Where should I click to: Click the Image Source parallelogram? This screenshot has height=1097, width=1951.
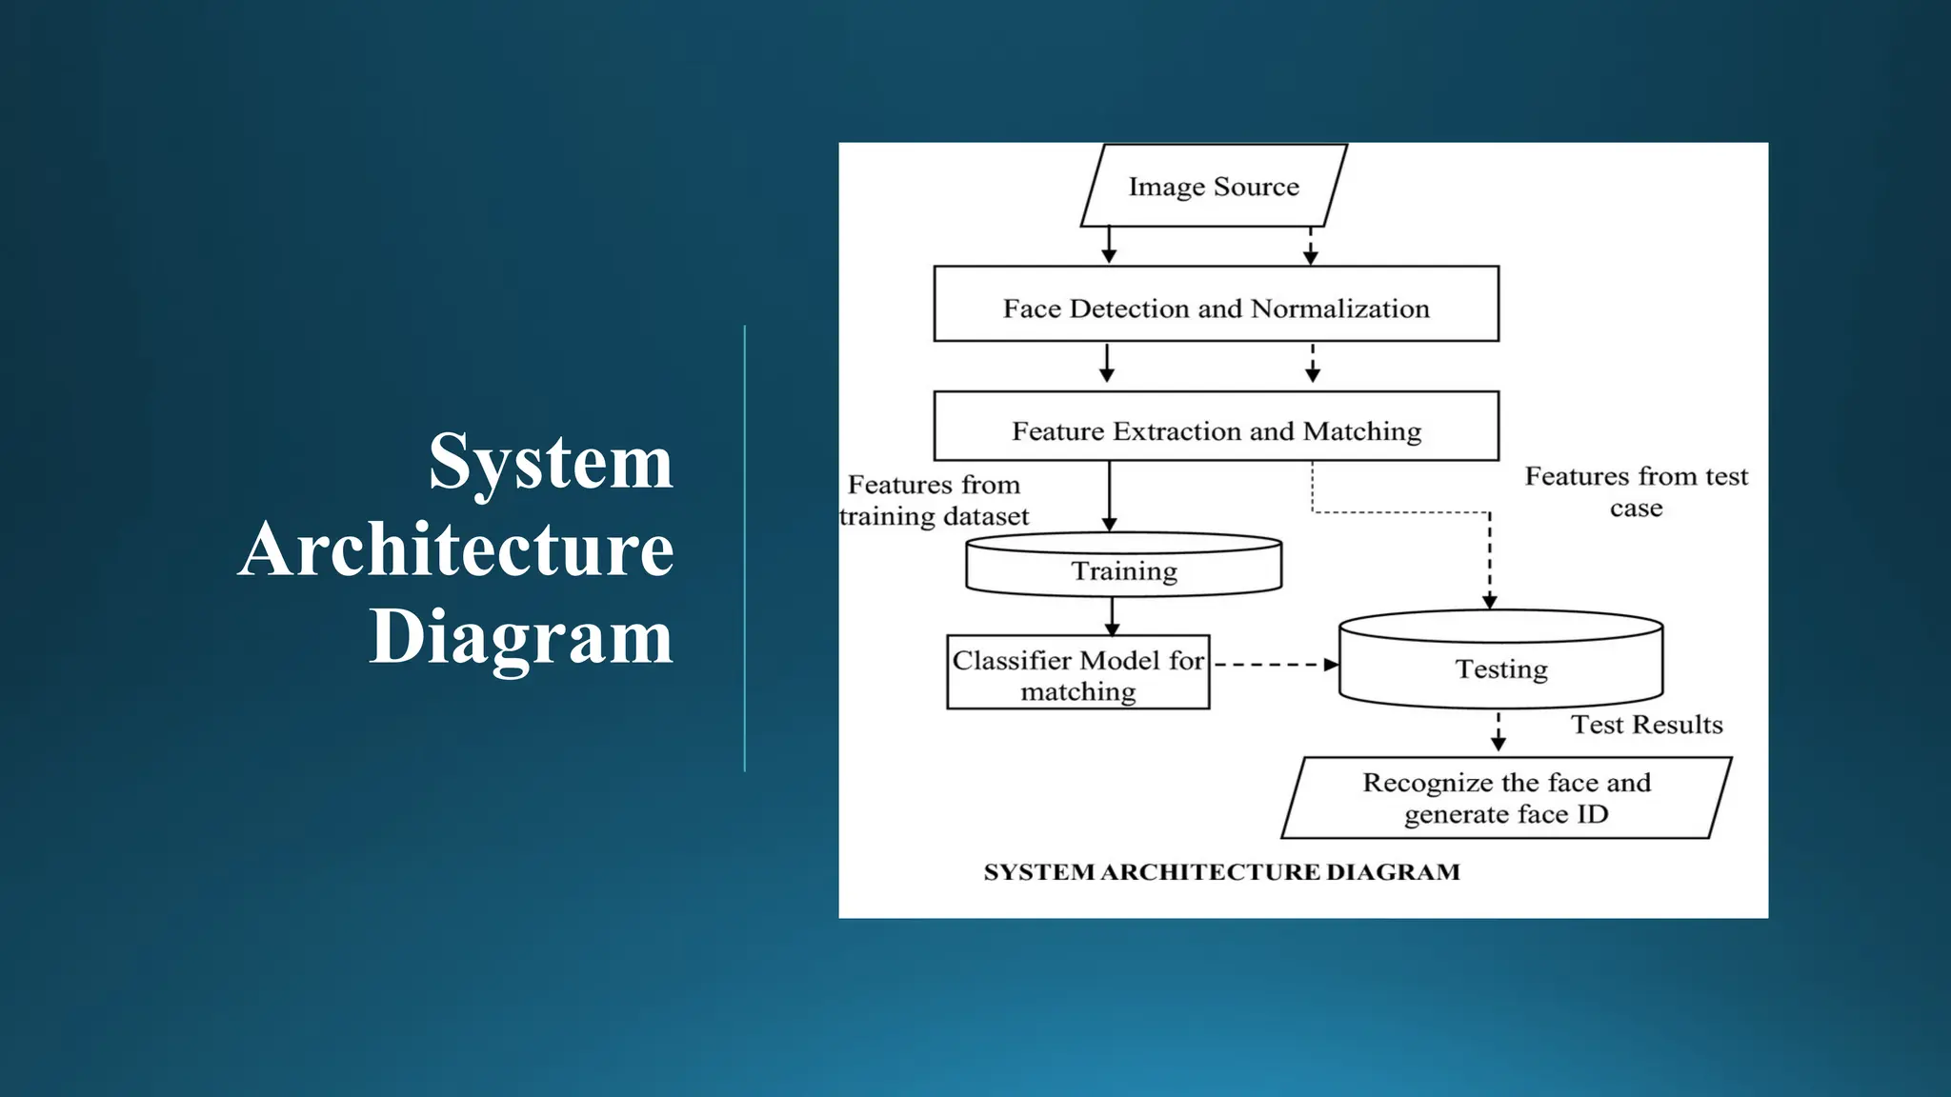(1214, 186)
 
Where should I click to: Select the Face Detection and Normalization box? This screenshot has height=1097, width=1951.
(1216, 305)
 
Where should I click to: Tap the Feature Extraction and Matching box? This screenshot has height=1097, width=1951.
(1216, 428)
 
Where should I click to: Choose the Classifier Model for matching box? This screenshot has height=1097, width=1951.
(1077, 674)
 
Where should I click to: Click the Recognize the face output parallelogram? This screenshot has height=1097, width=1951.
(1505, 798)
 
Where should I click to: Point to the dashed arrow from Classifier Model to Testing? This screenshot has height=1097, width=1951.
(1274, 665)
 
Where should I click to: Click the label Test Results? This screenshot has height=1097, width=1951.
(1646, 725)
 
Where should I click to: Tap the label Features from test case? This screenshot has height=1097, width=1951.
(1636, 491)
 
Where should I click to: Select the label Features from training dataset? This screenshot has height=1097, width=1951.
(934, 501)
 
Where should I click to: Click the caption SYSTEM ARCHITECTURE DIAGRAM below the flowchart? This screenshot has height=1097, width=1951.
(1221, 872)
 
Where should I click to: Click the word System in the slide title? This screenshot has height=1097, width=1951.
(551, 462)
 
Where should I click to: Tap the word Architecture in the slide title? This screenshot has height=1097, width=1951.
(456, 549)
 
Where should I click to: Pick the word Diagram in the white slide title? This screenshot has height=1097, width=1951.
(521, 637)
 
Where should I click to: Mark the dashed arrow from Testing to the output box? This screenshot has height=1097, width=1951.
(1498, 731)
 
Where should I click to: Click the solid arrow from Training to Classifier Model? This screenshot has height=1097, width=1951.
(1112, 616)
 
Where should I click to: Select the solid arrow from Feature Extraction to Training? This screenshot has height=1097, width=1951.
(1109, 495)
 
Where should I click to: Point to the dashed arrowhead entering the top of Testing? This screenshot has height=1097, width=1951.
(1490, 601)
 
